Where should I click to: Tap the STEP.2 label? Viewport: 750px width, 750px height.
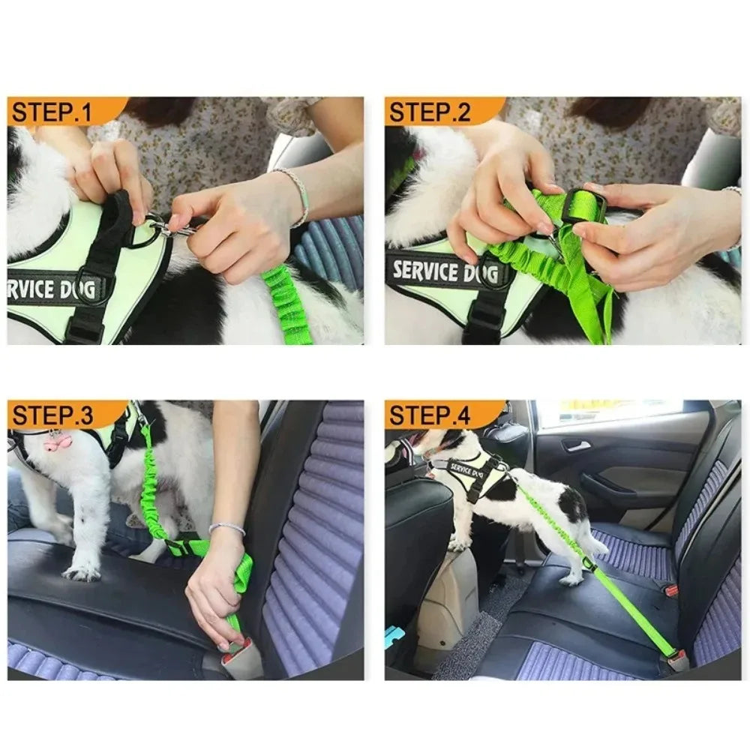click(x=429, y=112)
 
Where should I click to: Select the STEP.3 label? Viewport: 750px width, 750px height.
click(x=52, y=415)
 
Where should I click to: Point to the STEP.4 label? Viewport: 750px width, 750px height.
click(x=430, y=415)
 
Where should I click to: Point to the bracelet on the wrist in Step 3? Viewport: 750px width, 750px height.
click(x=226, y=529)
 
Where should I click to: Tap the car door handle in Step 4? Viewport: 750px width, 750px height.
click(x=576, y=446)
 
